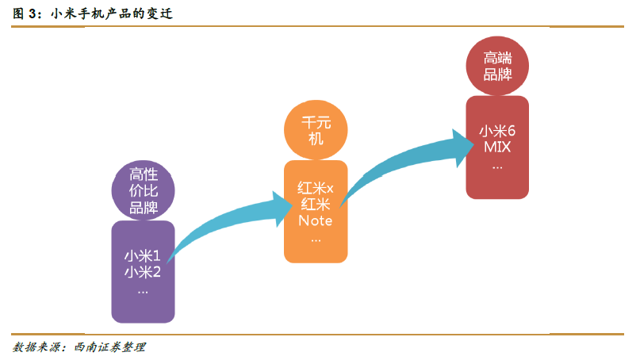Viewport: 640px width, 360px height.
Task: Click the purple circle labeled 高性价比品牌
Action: click(x=143, y=190)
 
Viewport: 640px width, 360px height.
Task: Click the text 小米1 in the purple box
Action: click(x=143, y=256)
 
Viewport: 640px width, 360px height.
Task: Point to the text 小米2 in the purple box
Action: click(x=143, y=274)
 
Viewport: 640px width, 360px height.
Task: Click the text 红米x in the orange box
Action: click(x=316, y=188)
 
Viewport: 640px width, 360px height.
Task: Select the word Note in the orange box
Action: click(x=316, y=221)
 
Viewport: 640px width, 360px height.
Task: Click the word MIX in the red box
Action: click(x=497, y=149)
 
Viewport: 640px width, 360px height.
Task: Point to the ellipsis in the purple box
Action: click(x=143, y=291)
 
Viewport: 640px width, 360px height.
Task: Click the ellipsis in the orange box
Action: click(x=316, y=238)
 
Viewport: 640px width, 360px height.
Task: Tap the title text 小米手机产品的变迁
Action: click(x=112, y=13)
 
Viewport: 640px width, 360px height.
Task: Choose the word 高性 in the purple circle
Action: click(x=143, y=174)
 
